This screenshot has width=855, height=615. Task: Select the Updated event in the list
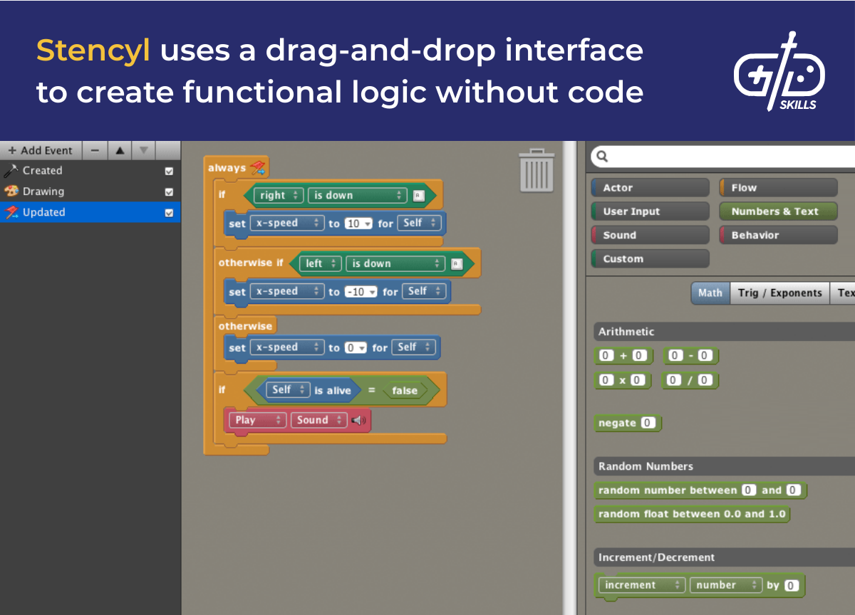[x=44, y=212]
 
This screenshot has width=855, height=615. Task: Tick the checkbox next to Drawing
[x=169, y=191]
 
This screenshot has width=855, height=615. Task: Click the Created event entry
[x=42, y=171]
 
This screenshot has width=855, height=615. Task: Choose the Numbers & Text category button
[x=778, y=211]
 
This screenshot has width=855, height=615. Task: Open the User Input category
[x=650, y=211]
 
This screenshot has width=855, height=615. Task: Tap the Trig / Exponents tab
[x=779, y=293]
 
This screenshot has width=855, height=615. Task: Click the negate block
[x=617, y=423]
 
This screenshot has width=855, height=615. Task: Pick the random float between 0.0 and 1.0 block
[x=691, y=514]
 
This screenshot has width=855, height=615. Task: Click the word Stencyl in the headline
[x=93, y=51]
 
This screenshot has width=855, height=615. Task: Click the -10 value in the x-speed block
[x=360, y=292]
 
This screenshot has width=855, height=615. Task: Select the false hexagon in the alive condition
[x=404, y=390]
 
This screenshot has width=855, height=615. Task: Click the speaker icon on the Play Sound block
[x=358, y=421]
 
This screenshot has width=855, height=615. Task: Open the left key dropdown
[x=320, y=263]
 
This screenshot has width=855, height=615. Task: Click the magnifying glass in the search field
[x=602, y=156]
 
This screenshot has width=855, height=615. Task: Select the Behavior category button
[x=778, y=235]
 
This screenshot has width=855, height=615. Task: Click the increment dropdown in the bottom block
[x=641, y=585]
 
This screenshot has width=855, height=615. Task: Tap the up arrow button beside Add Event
[x=120, y=150]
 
